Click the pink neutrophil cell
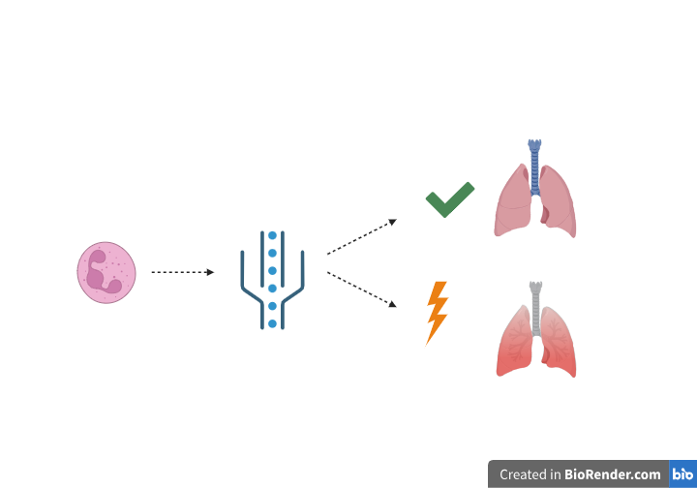pyautogui.click(x=106, y=272)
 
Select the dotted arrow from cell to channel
pyautogui.click(x=182, y=272)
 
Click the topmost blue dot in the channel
pyautogui.click(x=272, y=235)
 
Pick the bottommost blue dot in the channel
pyautogui.click(x=272, y=323)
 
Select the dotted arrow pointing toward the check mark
pyautogui.click(x=361, y=237)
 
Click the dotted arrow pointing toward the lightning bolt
pyautogui.click(x=361, y=290)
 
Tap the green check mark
pyautogui.click(x=449, y=199)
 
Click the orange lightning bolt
pyautogui.click(x=438, y=312)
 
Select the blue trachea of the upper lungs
pyautogui.click(x=534, y=165)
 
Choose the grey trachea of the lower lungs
pyautogui.click(x=535, y=305)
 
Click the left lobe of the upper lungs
pyautogui.click(x=513, y=203)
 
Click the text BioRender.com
pyautogui.click(x=614, y=474)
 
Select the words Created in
pyautogui.click(x=530, y=474)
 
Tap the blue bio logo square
pyautogui.click(x=682, y=474)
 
